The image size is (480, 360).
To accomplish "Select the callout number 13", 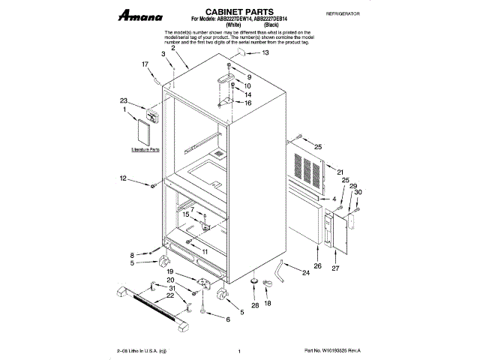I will pyautogui.click(x=264, y=53).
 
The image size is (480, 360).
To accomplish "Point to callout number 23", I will pyautogui.click(x=122, y=100).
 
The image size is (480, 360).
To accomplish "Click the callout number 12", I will pyautogui.click(x=123, y=178).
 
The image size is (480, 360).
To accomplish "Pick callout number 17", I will pyautogui.click(x=145, y=64).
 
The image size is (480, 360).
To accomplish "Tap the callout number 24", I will pyautogui.click(x=306, y=273).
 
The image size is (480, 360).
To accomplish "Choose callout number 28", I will pyautogui.click(x=254, y=305).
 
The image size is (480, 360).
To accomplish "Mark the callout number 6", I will pyautogui.click(x=228, y=319).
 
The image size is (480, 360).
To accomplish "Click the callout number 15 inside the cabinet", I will pyautogui.click(x=186, y=214).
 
